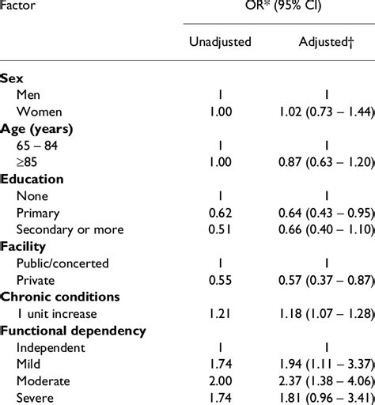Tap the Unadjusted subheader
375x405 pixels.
click(x=220, y=41)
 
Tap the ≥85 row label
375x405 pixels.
click(x=28, y=161)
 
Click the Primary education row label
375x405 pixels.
click(x=37, y=212)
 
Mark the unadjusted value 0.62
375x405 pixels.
click(x=220, y=212)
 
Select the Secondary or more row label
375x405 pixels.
click(x=70, y=229)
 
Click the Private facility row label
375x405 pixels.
click(x=36, y=279)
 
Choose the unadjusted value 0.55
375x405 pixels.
click(x=220, y=279)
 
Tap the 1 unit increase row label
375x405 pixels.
click(x=59, y=313)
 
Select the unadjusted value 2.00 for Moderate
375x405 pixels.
click(x=220, y=380)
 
